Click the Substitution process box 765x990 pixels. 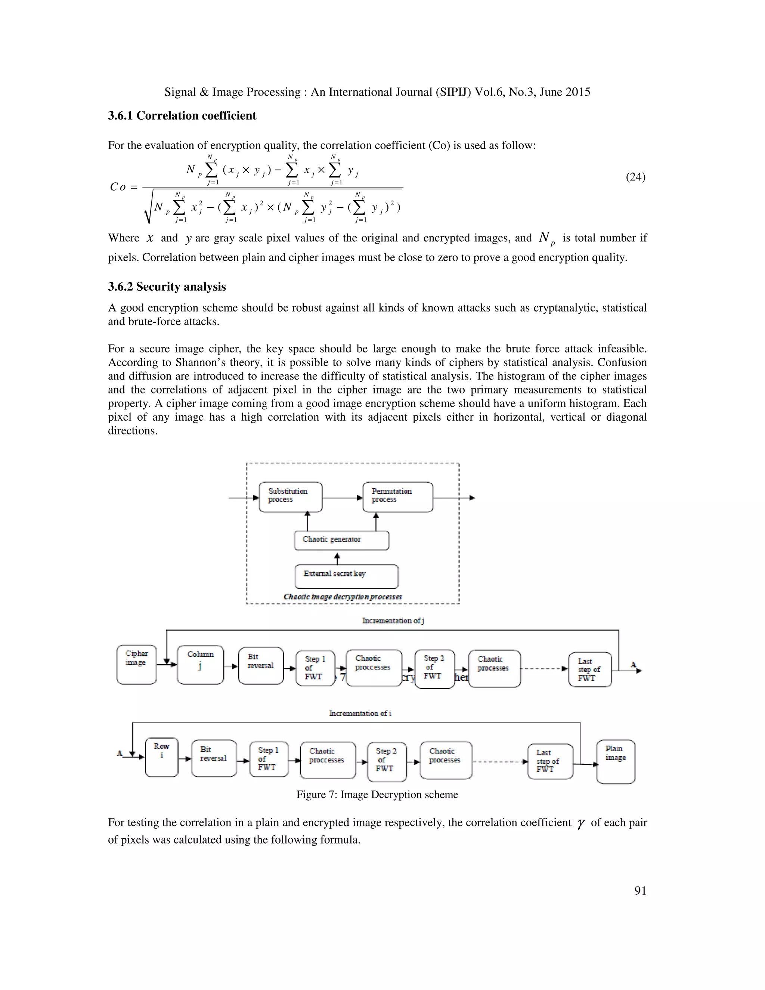(291, 497)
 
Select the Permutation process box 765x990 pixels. (397, 497)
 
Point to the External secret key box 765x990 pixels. (346, 576)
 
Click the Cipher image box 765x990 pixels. (136, 665)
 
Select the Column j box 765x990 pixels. (200, 665)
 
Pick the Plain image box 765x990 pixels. (616, 761)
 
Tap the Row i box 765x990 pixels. (161, 757)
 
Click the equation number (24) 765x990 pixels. (635, 177)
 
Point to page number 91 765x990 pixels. (640, 891)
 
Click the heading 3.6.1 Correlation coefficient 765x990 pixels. (182, 115)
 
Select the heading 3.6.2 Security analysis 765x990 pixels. (167, 287)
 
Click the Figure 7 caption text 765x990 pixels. (377, 795)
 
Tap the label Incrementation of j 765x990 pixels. (393, 621)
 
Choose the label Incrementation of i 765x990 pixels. (360, 713)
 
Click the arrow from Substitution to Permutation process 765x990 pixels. (343, 498)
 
